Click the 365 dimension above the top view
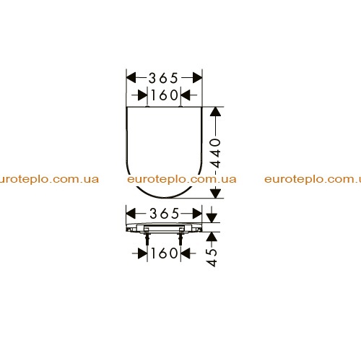tap(163, 78)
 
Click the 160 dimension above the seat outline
tap(165, 95)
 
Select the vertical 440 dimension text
tap(215, 153)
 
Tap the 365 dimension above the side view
tap(165, 214)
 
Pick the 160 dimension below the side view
tap(165, 253)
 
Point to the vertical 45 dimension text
tap(212, 258)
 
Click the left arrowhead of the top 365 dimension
tap(131, 78)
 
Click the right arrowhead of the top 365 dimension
tap(197, 78)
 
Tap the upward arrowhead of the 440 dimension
tap(215, 112)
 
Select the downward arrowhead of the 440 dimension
tap(215, 193)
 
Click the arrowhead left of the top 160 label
tap(143, 95)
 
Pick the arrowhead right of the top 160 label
tap(186, 95)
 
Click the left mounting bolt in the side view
tap(147, 238)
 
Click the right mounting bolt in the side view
tap(180, 238)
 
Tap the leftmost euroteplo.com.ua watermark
tap(49, 180)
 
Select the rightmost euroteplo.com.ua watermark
tap(313, 180)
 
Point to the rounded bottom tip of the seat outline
tap(165, 197)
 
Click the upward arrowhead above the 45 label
tap(212, 237)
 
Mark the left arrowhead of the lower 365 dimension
tap(131, 214)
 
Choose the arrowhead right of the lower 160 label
tap(186, 253)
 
